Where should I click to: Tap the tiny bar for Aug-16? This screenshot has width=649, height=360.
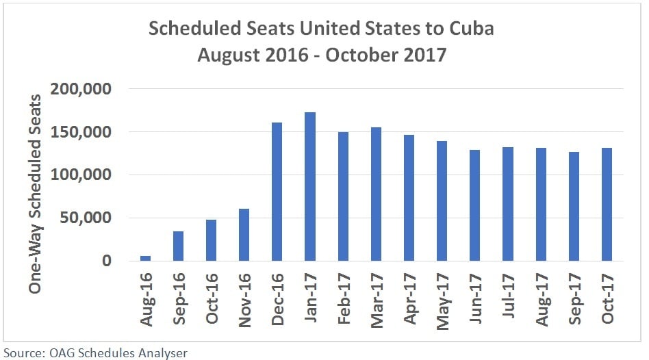[146, 258]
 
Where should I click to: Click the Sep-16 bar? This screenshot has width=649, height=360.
[179, 246]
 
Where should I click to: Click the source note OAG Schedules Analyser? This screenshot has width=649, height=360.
[95, 352]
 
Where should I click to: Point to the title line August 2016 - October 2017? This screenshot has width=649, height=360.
[322, 55]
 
